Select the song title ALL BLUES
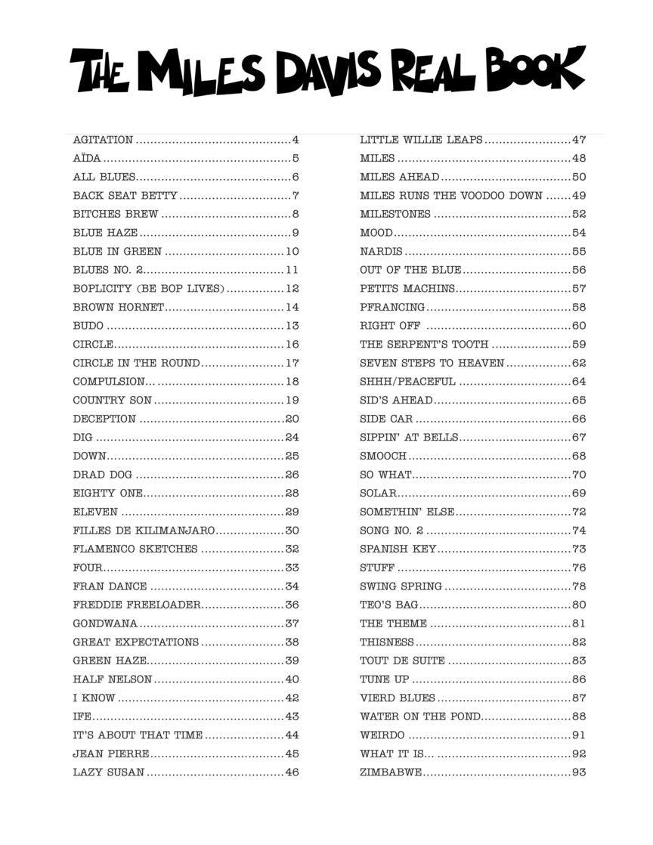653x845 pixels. pos(104,177)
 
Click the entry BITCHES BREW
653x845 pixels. pos(116,214)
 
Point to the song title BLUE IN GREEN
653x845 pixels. pos(117,252)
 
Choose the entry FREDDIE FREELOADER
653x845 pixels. pos(137,605)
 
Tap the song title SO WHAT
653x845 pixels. pos(385,475)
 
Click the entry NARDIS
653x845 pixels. pos(381,252)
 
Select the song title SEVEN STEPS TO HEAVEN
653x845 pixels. pos(432,363)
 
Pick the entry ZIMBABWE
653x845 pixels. pos(391,772)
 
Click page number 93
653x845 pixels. pos(579,772)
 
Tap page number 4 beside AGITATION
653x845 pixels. pos(296,140)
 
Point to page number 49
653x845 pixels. pos(579,196)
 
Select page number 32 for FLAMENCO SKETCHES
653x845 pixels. pos(292,549)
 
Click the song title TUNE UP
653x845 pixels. pos(384,679)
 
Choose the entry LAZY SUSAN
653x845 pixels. pos(109,772)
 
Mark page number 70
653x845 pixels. pos(579,475)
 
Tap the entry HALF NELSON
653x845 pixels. pos(112,679)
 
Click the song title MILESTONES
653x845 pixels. pos(395,214)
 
